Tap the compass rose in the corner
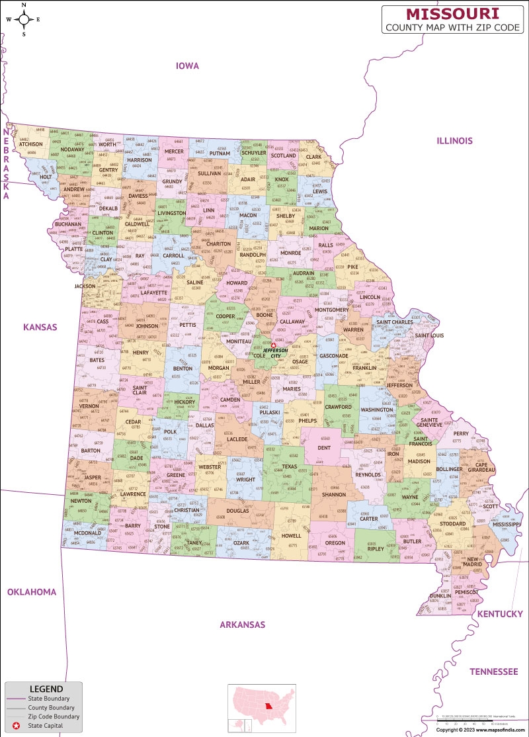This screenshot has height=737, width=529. (x=23, y=19)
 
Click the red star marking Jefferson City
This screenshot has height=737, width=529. (x=273, y=345)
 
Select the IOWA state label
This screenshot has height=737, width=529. (x=187, y=65)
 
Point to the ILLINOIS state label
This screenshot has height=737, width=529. (x=454, y=140)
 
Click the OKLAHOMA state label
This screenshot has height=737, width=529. (x=32, y=591)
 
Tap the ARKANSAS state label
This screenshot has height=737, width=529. (x=243, y=625)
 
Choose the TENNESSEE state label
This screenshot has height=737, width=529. (x=494, y=671)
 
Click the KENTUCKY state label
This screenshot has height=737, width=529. (x=500, y=614)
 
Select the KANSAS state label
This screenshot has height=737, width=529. (x=40, y=327)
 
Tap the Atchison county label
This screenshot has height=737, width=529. (x=30, y=144)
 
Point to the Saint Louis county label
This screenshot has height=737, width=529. (x=429, y=335)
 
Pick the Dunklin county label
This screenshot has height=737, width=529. (x=440, y=595)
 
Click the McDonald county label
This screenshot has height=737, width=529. (x=87, y=533)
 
